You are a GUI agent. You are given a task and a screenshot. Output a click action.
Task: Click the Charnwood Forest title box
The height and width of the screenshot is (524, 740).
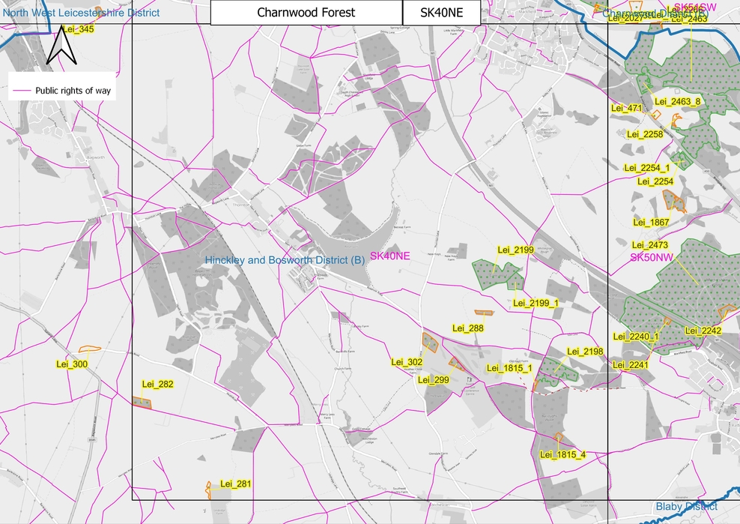pos(306,13)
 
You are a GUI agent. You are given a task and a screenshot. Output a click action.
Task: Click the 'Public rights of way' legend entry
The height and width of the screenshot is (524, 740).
pos(61,91)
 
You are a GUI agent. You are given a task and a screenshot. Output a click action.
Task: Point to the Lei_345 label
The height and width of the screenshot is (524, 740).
pos(78,29)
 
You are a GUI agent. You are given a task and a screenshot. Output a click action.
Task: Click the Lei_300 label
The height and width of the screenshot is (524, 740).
pos(73,364)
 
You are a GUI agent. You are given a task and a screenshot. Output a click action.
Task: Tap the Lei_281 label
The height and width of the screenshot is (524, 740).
pos(235,484)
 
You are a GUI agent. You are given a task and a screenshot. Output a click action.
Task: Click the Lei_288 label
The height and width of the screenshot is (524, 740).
pos(468,328)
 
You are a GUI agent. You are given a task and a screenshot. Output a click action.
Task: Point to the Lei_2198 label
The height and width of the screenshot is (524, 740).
pos(585,352)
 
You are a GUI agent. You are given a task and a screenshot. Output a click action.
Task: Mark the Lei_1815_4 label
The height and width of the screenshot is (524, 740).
pos(562,454)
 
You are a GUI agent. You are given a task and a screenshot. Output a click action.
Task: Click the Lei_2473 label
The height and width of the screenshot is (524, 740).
pos(649,245)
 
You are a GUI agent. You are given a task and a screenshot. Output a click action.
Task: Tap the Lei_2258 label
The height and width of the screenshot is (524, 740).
pos(644,134)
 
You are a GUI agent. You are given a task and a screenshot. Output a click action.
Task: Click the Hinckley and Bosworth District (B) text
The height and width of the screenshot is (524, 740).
pos(285,260)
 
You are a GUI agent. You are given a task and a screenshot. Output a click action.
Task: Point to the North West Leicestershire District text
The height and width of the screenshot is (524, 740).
pos(80,13)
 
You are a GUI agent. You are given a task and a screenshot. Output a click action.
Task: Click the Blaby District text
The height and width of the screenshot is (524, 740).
pos(686,507)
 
